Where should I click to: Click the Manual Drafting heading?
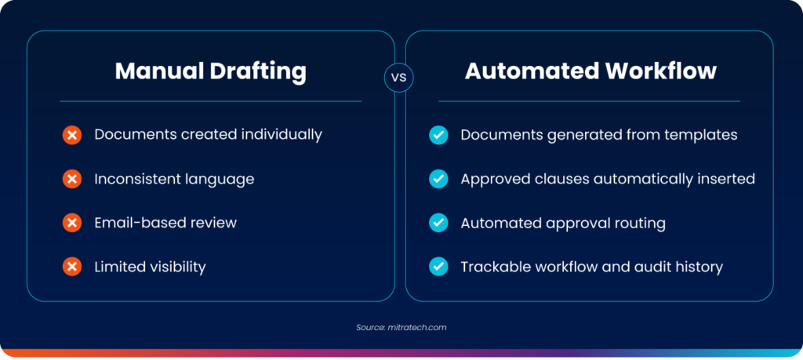(210, 71)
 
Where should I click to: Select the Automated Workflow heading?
(590, 71)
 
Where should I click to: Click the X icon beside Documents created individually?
(72, 135)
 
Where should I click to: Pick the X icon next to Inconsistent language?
(72, 180)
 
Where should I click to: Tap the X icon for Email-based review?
(72, 224)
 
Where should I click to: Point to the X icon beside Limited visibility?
(72, 267)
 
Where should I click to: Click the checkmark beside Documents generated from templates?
(438, 135)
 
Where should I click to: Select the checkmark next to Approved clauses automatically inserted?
(438, 180)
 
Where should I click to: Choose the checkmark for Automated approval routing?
(438, 224)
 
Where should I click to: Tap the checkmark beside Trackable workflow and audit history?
(438, 267)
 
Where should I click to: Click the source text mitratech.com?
(416, 327)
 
